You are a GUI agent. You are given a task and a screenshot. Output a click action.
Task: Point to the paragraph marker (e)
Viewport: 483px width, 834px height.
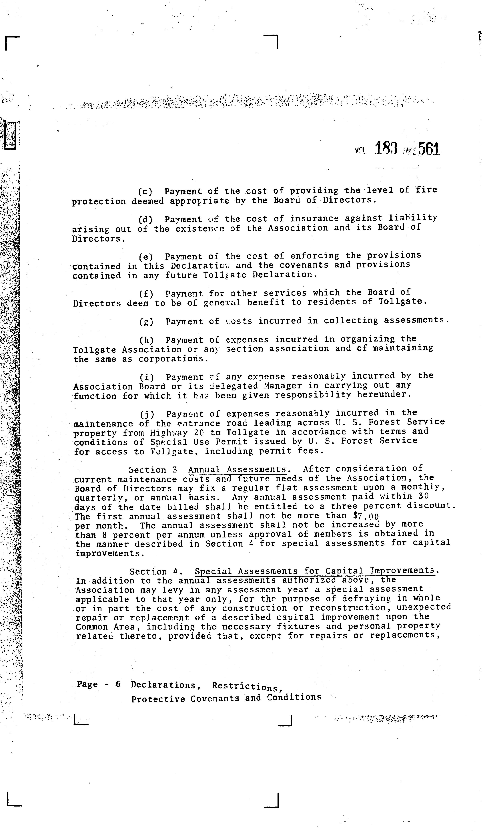click(x=145, y=257)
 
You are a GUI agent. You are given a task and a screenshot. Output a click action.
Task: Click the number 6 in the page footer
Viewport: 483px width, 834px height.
click(x=118, y=684)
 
